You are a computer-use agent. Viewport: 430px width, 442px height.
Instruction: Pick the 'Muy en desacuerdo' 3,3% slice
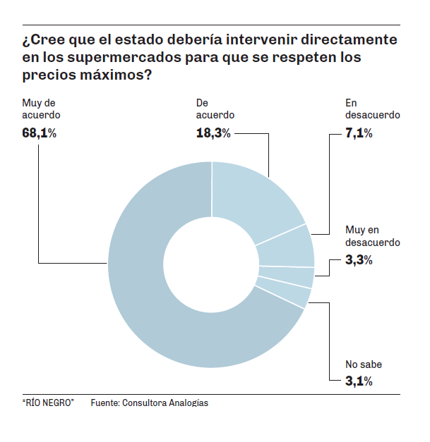287,276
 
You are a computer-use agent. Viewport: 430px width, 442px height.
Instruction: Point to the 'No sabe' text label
364,365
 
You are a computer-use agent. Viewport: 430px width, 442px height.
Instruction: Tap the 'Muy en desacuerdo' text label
373,236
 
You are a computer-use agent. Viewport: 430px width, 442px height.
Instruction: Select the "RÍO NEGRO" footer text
48,403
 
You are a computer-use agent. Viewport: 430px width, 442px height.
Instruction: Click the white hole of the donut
212,264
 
